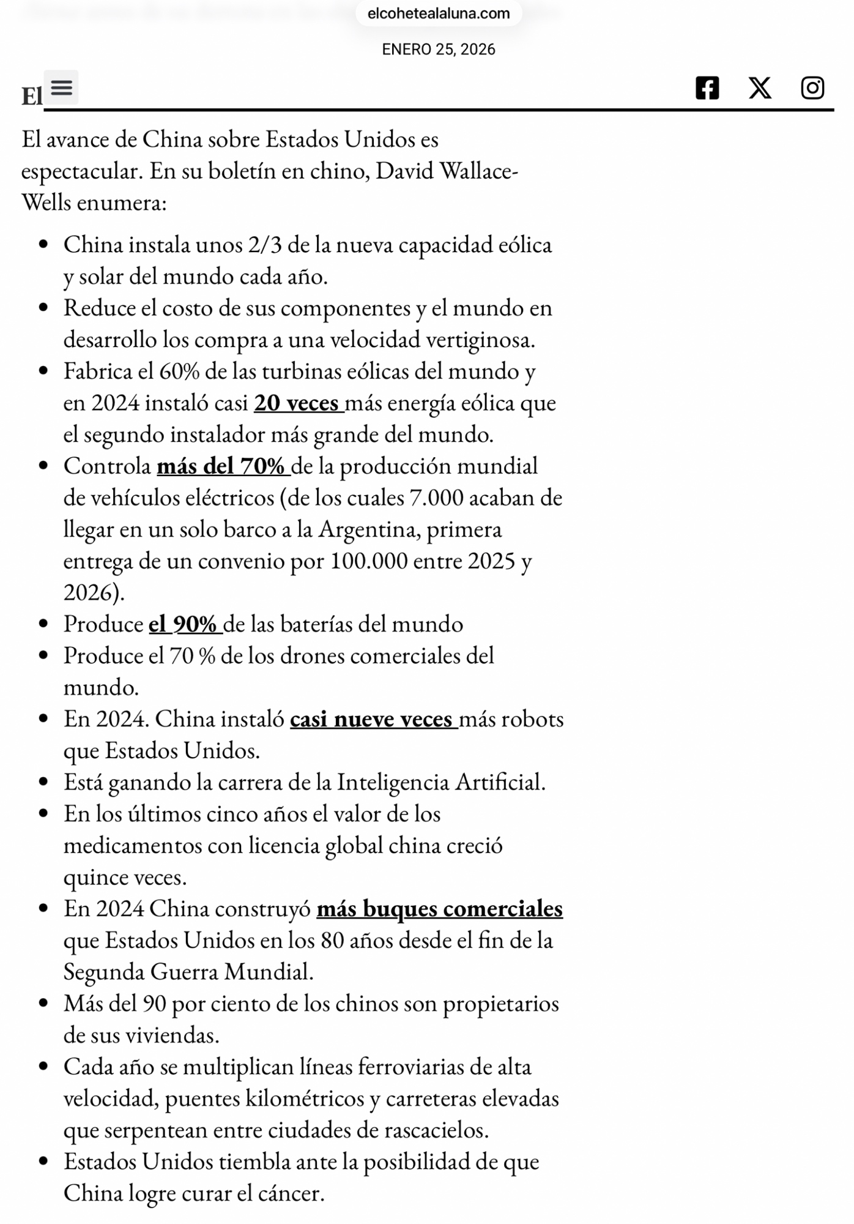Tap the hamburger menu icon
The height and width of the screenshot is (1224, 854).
point(61,88)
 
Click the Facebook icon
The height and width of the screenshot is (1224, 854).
point(707,88)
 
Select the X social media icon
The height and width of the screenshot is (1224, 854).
point(760,88)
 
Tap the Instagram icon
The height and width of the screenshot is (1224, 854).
point(812,88)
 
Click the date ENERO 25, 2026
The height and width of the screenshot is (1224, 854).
point(439,50)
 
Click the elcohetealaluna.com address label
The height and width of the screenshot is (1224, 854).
point(439,13)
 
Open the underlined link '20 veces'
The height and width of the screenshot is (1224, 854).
point(298,403)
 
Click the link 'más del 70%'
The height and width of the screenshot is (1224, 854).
point(222,466)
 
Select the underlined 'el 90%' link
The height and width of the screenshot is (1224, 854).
point(184,624)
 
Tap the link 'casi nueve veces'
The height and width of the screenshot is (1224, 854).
point(373,719)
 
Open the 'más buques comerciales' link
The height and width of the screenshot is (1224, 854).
point(439,909)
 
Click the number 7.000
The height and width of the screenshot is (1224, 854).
point(436,498)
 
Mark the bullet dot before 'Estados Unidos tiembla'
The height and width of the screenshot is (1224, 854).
point(43,1161)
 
